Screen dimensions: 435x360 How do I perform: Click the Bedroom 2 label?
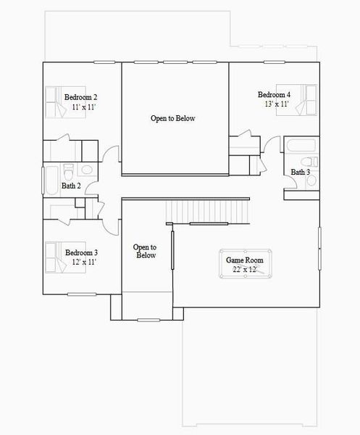[x=81, y=97]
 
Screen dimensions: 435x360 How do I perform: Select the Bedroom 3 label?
[x=81, y=252]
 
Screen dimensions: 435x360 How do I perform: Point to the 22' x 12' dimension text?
[x=245, y=269]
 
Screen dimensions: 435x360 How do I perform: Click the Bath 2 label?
[x=70, y=186]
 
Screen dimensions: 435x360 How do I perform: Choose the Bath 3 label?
[x=301, y=172]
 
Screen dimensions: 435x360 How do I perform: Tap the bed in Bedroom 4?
[x=309, y=99]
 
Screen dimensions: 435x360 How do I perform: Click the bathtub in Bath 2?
[x=51, y=179]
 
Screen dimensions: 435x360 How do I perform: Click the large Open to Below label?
[x=173, y=118]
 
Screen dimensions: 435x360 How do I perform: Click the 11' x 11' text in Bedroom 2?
[x=84, y=107]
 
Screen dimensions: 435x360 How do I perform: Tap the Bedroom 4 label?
[x=275, y=95]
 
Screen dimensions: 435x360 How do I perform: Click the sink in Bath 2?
[x=87, y=170]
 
